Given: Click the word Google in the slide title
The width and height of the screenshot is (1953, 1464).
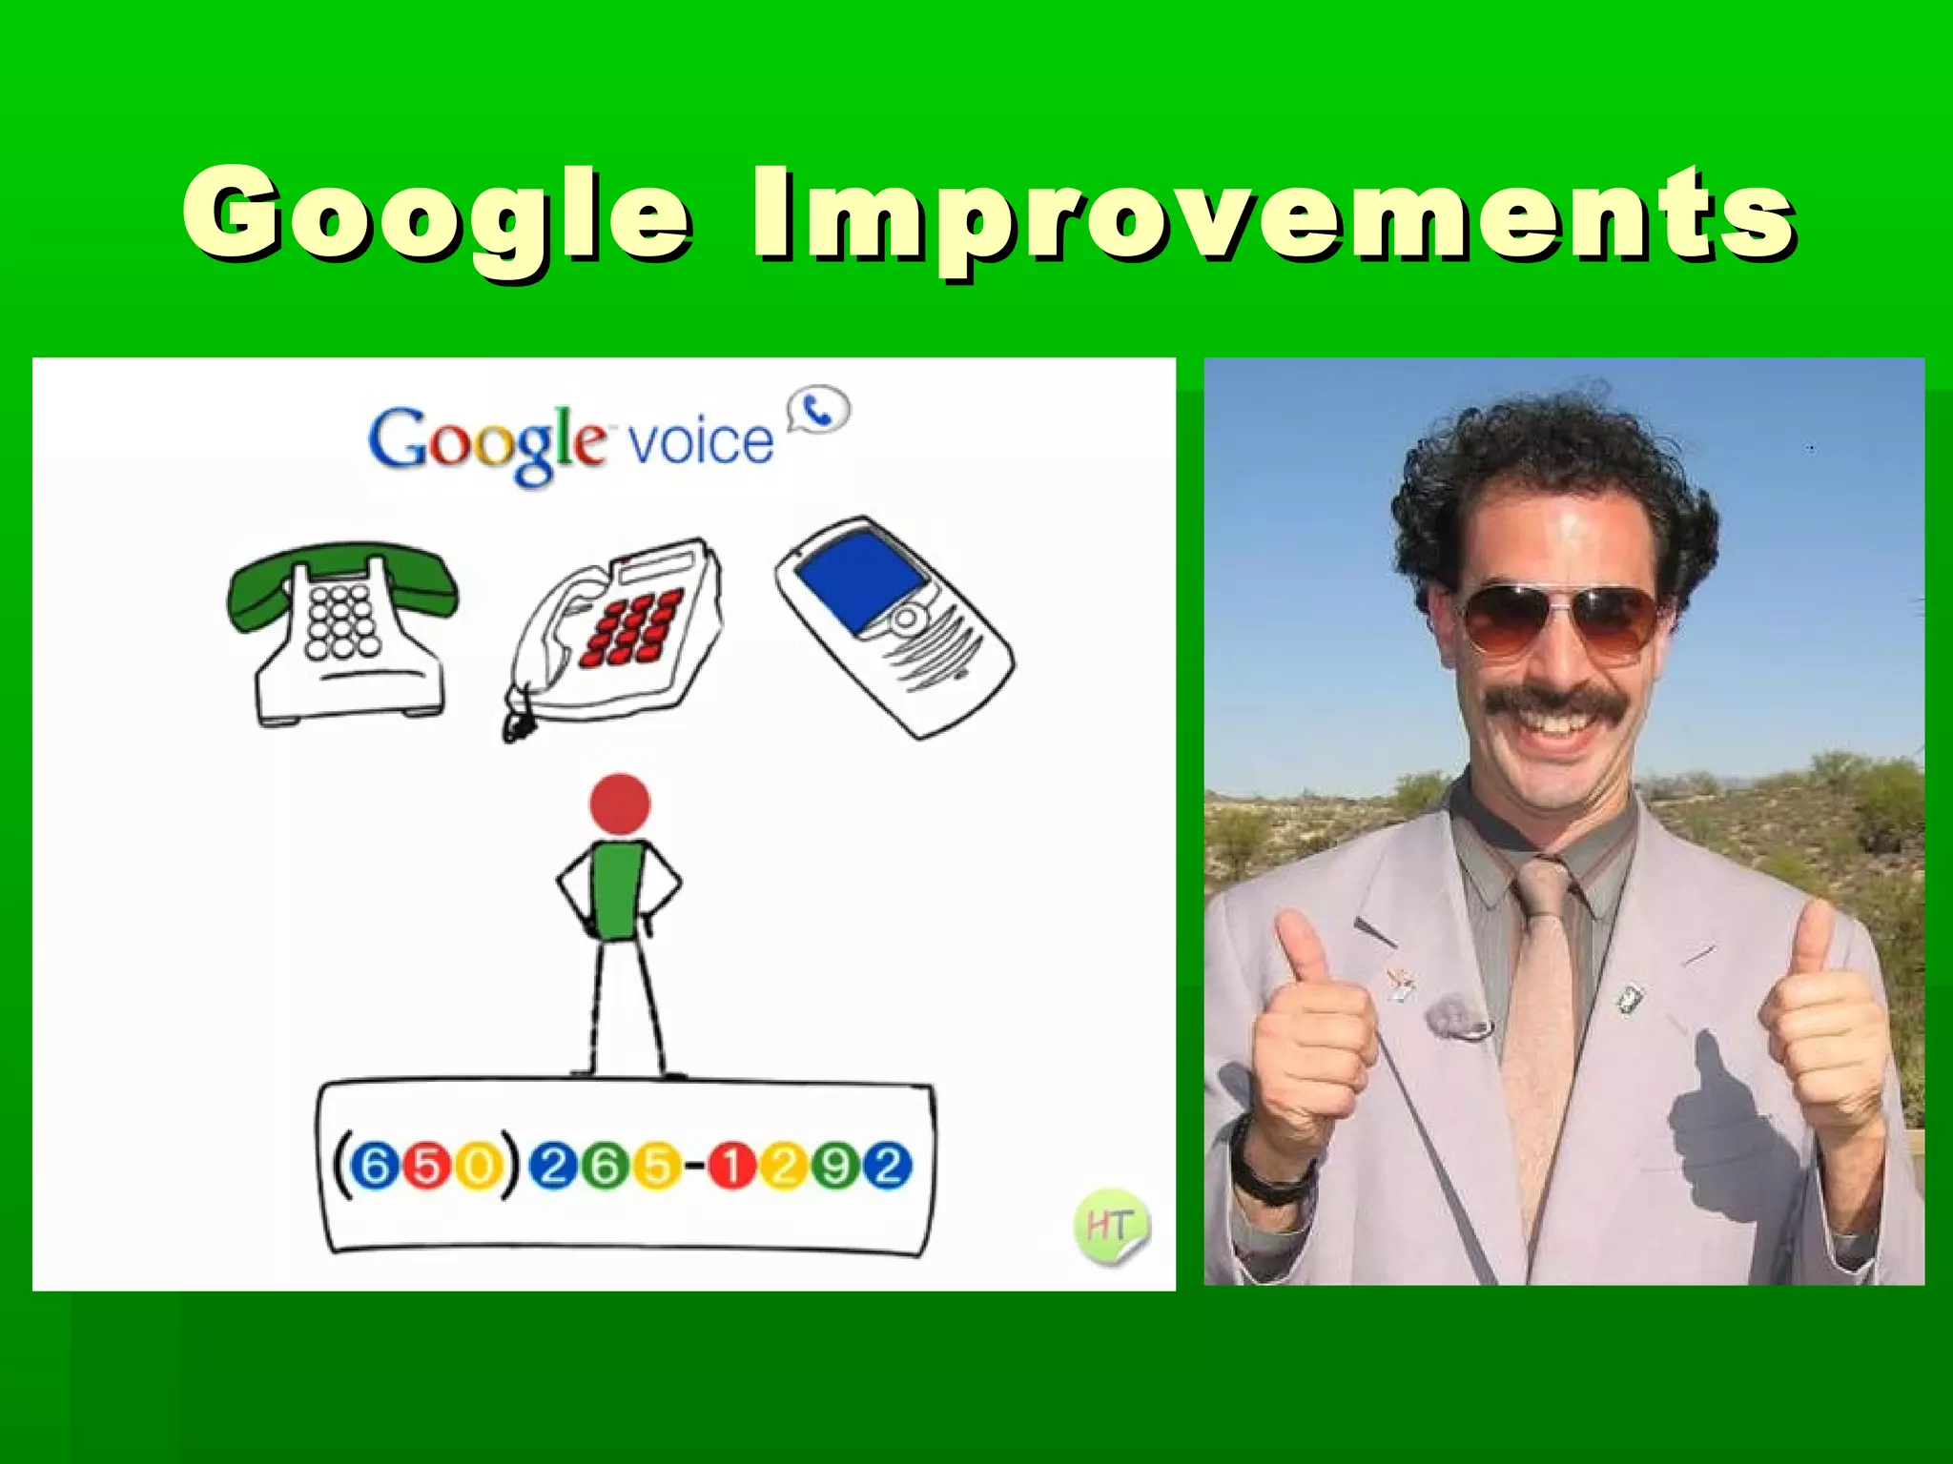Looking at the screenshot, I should coord(437,214).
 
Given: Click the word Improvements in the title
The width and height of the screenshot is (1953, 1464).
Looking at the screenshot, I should coord(1273,214).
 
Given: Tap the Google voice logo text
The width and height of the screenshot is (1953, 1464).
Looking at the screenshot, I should coord(570,442).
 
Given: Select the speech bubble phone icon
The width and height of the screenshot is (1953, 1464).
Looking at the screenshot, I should coord(818,411).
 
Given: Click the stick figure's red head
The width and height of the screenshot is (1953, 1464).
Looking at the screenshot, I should coord(620,803).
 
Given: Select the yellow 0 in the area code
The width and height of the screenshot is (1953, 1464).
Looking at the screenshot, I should coord(479,1167).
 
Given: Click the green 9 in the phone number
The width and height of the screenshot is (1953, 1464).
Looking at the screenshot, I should coord(836,1167).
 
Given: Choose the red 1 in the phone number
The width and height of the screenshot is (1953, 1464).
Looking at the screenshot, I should coord(731,1167).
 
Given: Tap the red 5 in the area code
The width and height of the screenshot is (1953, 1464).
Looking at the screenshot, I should coord(427,1167).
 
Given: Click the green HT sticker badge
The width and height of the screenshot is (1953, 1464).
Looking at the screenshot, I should coord(1111,1225).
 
